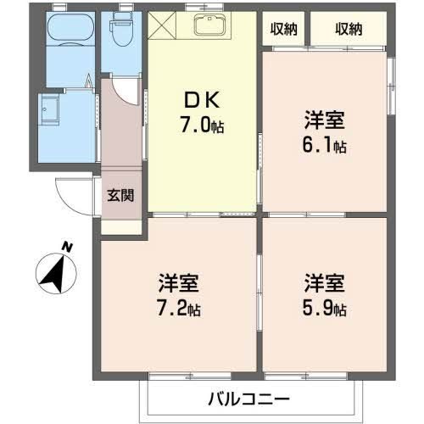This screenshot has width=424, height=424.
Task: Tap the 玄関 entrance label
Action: tap(120, 194)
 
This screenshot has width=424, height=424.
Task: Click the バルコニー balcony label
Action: tap(248, 398)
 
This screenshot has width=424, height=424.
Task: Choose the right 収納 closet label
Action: tap(348, 29)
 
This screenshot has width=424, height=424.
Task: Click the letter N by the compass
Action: tap(66, 247)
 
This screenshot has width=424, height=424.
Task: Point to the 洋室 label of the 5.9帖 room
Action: tap(325, 282)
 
